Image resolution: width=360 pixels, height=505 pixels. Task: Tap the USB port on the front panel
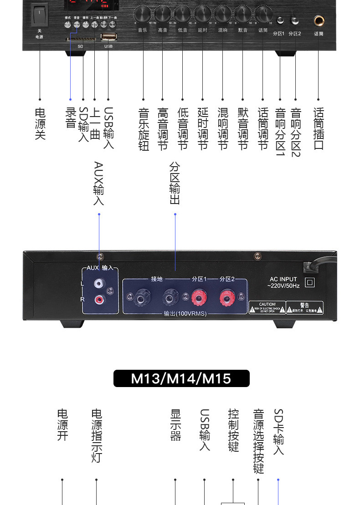tap(108, 37)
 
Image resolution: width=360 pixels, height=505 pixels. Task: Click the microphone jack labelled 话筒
tap(319, 21)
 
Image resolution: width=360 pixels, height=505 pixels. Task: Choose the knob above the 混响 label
tap(223, 14)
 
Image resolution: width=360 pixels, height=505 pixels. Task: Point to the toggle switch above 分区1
tap(280, 20)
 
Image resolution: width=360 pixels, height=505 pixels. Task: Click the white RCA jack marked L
tap(98, 284)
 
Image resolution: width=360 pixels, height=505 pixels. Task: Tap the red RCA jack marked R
tap(98, 299)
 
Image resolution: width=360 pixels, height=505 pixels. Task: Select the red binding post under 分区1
tap(199, 299)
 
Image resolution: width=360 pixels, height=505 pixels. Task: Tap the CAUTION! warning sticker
tap(267, 307)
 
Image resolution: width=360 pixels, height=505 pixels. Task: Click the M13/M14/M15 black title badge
tap(181, 378)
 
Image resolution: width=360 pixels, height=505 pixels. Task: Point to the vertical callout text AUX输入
tap(98, 183)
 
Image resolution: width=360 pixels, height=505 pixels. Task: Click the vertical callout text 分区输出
tap(175, 183)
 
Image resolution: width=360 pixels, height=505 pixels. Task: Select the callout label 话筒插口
tap(319, 128)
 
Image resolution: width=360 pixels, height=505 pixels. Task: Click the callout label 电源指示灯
tap(97, 435)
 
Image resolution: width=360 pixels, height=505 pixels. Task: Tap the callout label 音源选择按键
tap(258, 441)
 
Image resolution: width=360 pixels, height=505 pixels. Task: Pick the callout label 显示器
tap(175, 424)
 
